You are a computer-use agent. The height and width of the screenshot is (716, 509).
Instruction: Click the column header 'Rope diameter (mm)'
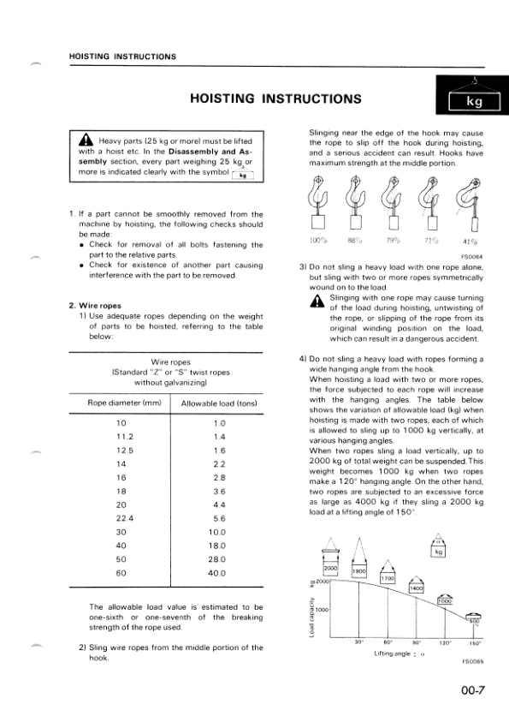pos(125,403)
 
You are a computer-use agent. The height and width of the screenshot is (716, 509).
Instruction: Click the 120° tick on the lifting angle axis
pos(445,641)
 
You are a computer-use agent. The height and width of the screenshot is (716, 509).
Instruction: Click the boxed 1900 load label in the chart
pos(360,570)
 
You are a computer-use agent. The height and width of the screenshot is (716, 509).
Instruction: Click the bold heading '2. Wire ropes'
pos(94,305)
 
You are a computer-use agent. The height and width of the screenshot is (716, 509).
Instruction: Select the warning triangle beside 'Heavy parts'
pos(86,140)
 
